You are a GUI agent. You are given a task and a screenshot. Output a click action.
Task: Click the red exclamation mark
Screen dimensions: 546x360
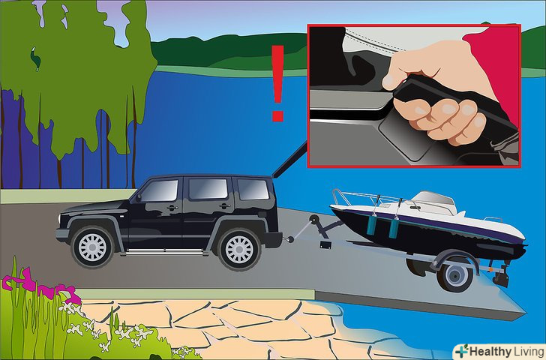277,82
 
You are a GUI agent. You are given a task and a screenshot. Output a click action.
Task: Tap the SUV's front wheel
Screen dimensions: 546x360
92,247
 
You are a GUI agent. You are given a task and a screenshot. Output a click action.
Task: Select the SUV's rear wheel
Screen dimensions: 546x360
239,249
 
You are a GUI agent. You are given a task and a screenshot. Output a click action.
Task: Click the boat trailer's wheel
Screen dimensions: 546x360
455,276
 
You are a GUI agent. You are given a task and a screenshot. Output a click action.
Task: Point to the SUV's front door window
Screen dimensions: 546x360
160,190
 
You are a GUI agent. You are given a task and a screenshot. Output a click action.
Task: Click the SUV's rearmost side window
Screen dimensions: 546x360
253,189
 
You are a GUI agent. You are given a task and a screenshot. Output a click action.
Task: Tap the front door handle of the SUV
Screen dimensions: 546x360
172,208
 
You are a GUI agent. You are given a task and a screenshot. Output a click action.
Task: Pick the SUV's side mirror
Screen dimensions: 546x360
138,197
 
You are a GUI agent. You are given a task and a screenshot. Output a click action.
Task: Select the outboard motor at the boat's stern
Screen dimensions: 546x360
499,276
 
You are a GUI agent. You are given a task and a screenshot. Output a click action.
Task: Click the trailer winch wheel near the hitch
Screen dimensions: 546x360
314,220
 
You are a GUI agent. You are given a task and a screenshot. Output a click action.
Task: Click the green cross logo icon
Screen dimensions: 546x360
461,350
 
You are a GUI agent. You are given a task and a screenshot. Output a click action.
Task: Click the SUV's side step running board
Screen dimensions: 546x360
163,251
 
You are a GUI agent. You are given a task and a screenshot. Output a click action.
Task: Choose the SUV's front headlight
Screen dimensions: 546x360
61,219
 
